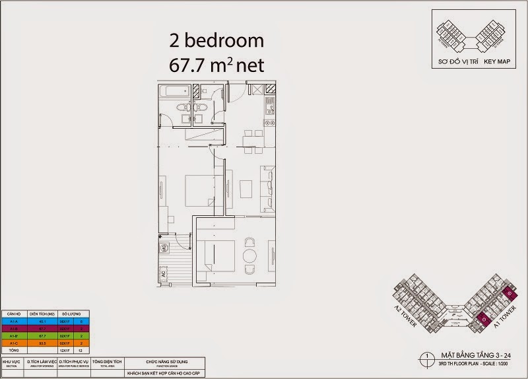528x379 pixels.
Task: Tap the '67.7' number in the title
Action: [x=189, y=66]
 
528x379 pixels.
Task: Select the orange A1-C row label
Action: [x=14, y=343]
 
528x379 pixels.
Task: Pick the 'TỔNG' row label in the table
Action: [x=14, y=350]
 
